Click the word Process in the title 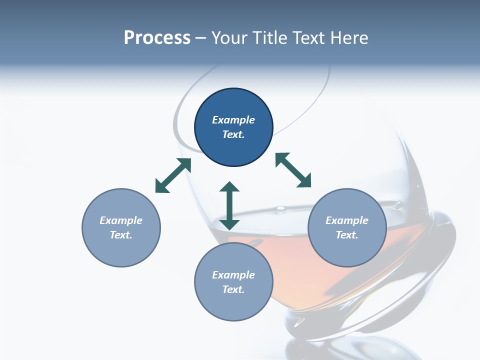157,38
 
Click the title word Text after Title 310,38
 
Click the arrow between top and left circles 173,175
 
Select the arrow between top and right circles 293,170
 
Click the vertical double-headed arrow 229,205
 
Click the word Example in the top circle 233,120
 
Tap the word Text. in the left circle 121,235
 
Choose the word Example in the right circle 347,220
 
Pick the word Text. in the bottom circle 233,289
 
